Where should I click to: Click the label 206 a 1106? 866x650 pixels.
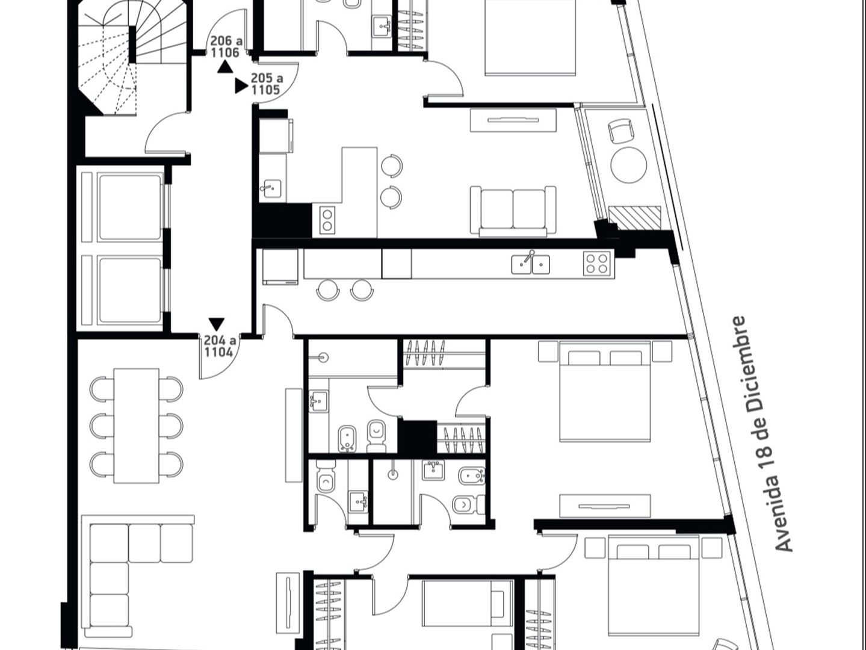(226, 46)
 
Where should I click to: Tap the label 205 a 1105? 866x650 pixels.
(267, 84)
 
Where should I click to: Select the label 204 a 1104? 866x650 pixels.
(220, 346)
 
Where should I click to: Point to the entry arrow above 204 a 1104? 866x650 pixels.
(217, 324)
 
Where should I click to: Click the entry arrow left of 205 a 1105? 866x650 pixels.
(241, 85)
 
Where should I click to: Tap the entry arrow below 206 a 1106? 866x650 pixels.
(225, 67)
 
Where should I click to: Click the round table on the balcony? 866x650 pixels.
(628, 165)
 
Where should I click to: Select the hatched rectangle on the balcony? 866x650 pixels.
(634, 217)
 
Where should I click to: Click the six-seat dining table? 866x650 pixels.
(137, 426)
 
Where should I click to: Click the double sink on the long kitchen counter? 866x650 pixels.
(531, 264)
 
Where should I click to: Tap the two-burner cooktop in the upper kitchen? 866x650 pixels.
(327, 220)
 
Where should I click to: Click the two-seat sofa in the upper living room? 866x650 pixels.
(513, 211)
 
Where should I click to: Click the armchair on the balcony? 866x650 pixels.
(620, 131)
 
